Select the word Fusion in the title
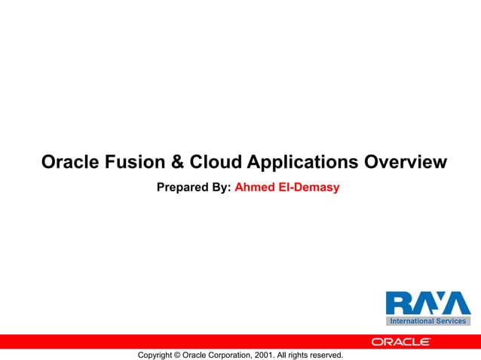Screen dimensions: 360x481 click(136, 162)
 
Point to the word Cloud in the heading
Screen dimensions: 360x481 click(216, 162)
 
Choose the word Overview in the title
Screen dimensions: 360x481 click(406, 162)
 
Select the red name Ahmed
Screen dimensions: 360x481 click(256, 187)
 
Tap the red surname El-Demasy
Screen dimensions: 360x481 click(311, 187)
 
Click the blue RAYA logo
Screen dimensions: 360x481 click(427, 304)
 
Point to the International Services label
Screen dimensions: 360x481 click(427, 322)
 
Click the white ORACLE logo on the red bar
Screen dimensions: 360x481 click(400, 342)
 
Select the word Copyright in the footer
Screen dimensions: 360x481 click(155, 355)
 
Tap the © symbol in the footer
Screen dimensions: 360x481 click(178, 355)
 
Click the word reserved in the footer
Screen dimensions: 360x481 click(326, 355)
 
